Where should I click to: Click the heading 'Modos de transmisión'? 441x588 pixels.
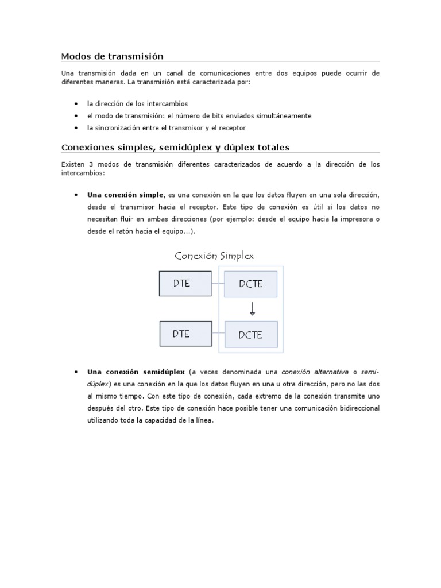[113, 56]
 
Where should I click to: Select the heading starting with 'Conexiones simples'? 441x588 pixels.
[179, 148]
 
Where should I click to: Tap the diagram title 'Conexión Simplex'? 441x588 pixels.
[214, 256]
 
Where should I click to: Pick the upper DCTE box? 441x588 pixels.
[251, 284]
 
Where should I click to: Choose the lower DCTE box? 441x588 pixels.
[251, 335]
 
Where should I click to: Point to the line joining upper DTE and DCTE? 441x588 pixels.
[216, 284]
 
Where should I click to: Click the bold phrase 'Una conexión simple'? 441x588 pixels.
[125, 195]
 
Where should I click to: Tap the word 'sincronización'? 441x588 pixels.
[117, 127]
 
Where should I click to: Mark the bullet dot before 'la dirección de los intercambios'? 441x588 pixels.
[76, 103]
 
